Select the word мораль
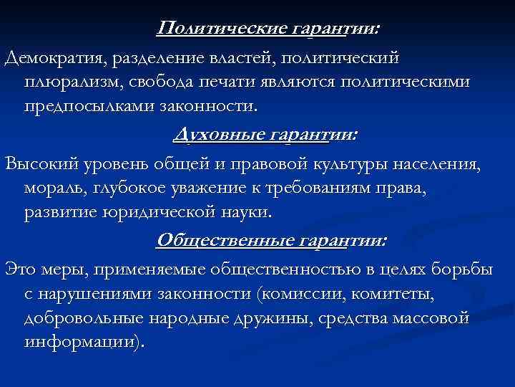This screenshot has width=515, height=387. click(54, 188)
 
